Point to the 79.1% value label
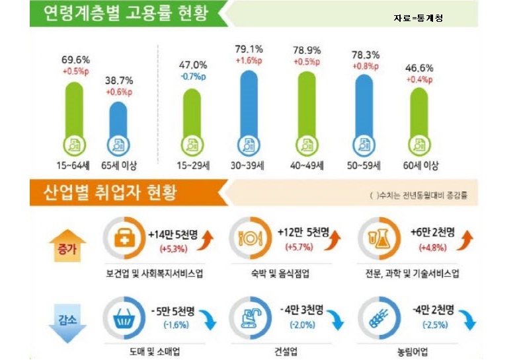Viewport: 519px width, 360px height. point(249,49)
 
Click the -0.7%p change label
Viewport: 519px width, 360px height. point(193,77)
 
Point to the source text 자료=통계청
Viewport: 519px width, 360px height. point(418,18)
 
